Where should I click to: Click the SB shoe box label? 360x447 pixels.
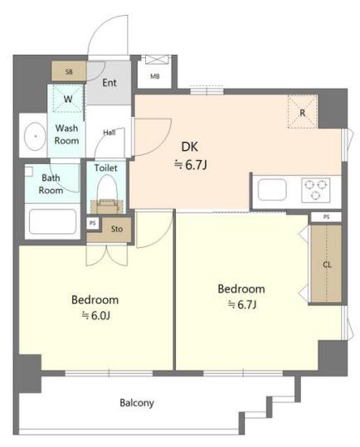69,72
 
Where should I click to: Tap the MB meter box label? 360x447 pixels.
155,76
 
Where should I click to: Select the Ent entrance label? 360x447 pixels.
109,83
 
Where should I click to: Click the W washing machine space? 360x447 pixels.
68,99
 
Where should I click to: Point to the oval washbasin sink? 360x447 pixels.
35,137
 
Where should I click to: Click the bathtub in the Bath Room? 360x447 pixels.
53,221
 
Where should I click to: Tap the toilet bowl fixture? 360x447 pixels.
107,189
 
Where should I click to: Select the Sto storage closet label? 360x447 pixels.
117,229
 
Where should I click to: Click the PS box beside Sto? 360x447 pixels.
93,223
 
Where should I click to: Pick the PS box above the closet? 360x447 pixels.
326,217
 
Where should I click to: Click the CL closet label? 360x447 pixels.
327,265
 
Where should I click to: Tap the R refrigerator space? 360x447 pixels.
303,112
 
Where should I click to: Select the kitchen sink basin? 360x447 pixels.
272,190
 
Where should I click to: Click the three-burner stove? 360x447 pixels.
315,190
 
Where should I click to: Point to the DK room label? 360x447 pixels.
190,147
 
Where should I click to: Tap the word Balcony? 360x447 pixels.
137,403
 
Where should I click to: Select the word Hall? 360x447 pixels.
109,133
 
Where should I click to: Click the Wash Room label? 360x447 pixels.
66,134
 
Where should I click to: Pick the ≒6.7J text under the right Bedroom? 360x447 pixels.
242,304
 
